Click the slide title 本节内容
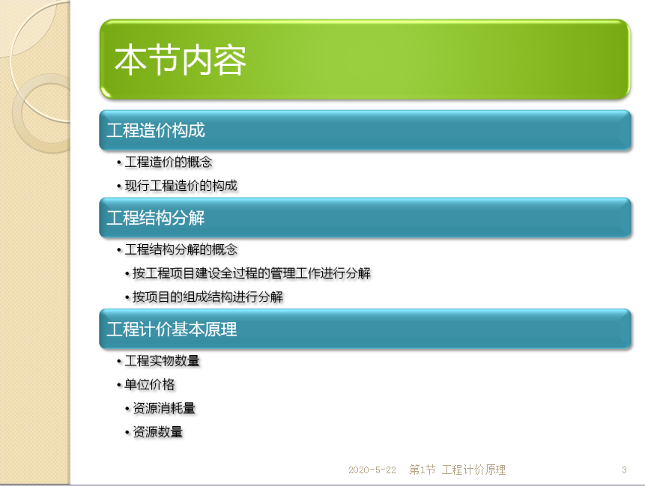[181, 60]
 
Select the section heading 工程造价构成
[156, 130]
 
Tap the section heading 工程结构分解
[156, 218]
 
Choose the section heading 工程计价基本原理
[172, 329]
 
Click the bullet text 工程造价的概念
[169, 162]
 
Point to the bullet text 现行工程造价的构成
[181, 186]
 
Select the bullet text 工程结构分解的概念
[181, 249]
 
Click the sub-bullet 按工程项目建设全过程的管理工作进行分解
[252, 273]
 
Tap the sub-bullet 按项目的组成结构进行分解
[208, 297]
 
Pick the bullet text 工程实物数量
[162, 361]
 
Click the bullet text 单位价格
[150, 385]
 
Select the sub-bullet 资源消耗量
[164, 408]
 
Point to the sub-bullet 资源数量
[157, 432]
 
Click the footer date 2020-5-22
[372, 470]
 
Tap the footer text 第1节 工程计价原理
[458, 470]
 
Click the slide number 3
[624, 470]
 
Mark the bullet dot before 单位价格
[119, 385]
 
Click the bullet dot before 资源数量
[127, 433]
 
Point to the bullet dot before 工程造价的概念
[119, 162]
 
